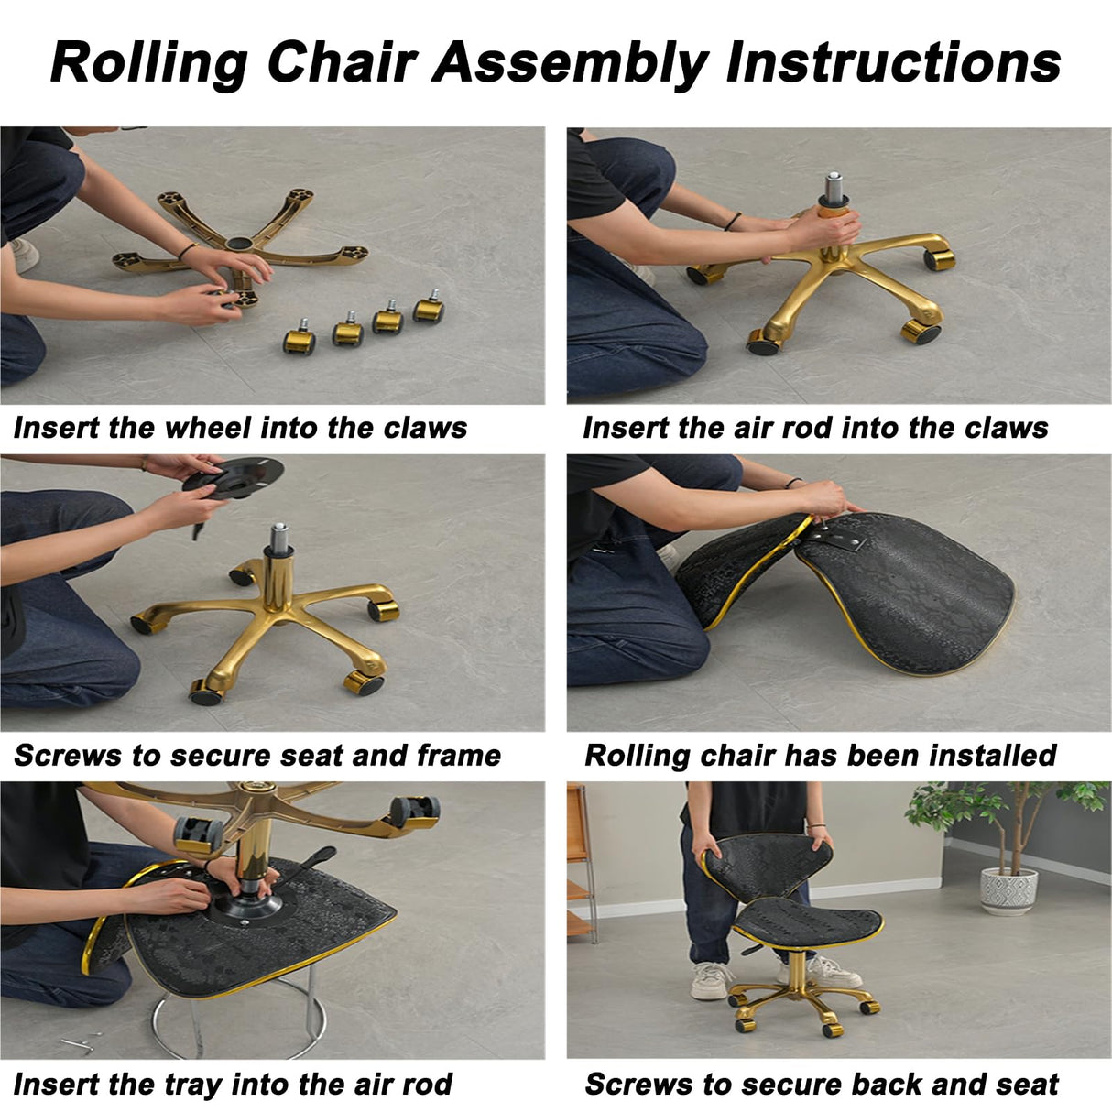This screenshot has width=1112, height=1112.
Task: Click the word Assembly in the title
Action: tap(570, 63)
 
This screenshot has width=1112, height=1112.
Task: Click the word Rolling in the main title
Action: tap(149, 63)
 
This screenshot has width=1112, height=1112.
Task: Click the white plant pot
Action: tap(1008, 890)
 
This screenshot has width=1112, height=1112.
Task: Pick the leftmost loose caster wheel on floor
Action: tap(299, 338)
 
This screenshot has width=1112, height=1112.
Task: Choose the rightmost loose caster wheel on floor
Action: tap(429, 307)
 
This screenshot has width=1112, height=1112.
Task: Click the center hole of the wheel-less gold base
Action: tap(239, 244)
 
